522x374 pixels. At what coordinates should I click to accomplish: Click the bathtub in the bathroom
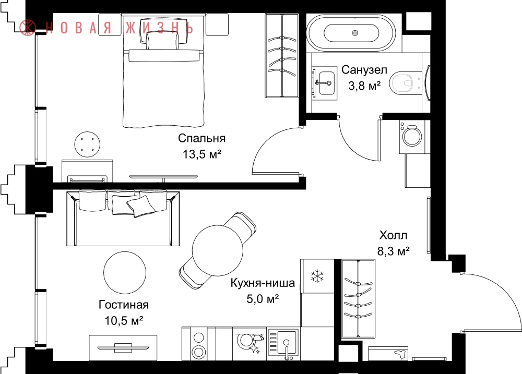351,33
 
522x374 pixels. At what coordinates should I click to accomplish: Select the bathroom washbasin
325,83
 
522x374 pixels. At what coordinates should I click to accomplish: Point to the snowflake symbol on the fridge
317,276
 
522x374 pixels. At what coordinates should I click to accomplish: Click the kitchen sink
283,344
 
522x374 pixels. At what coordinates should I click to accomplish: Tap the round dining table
218,250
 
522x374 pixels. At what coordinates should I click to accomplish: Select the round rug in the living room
125,272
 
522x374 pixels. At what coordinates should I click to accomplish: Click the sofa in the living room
123,218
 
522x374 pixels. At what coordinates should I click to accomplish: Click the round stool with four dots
87,144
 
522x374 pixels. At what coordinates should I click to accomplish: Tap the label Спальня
201,138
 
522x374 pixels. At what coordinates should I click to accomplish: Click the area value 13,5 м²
201,154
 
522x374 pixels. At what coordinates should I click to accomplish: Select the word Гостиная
124,305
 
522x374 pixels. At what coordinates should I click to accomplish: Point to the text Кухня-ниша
263,283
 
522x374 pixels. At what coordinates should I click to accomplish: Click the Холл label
393,236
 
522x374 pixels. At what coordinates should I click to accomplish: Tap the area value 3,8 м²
364,86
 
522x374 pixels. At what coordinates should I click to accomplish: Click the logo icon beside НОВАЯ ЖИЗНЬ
28,27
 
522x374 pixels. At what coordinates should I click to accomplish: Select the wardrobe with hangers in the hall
358,298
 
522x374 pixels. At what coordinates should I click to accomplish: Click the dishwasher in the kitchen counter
250,343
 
